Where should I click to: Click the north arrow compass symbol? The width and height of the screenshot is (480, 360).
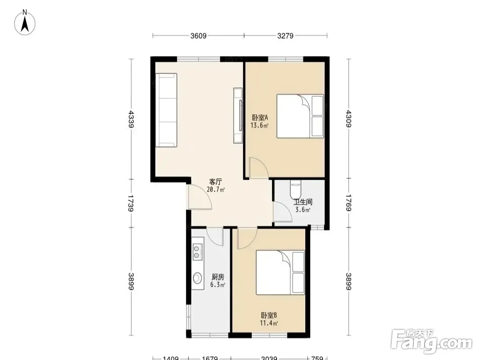tap(25, 22)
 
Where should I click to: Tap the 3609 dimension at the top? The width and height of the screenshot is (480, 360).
tap(199, 36)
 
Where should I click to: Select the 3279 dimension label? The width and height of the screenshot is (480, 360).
tap(285, 36)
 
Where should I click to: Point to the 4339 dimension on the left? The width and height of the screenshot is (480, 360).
tap(131, 119)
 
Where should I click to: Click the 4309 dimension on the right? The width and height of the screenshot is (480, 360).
tap(349, 119)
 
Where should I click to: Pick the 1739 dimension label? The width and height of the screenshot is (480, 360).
tap(131, 203)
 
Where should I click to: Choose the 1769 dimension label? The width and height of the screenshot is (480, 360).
tap(349, 203)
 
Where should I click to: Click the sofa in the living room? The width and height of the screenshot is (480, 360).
tap(166, 110)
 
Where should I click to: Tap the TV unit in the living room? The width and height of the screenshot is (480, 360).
tap(238, 115)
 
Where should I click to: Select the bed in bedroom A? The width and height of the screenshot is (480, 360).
tap(300, 116)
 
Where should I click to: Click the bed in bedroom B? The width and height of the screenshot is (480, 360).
tap(281, 273)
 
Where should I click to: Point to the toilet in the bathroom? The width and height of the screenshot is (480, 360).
tap(296, 189)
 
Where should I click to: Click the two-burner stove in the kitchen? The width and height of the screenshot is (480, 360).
tap(198, 252)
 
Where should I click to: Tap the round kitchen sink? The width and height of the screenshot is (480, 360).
tap(198, 278)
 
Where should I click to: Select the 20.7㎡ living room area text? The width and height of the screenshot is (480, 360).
tap(216, 189)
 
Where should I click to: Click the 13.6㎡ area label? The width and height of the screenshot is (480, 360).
tap(260, 125)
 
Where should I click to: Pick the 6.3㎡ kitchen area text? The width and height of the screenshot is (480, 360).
tap(217, 285)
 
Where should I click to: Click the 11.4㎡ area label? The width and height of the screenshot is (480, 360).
tap(269, 323)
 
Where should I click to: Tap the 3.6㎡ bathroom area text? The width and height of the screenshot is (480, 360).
tap(303, 210)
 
